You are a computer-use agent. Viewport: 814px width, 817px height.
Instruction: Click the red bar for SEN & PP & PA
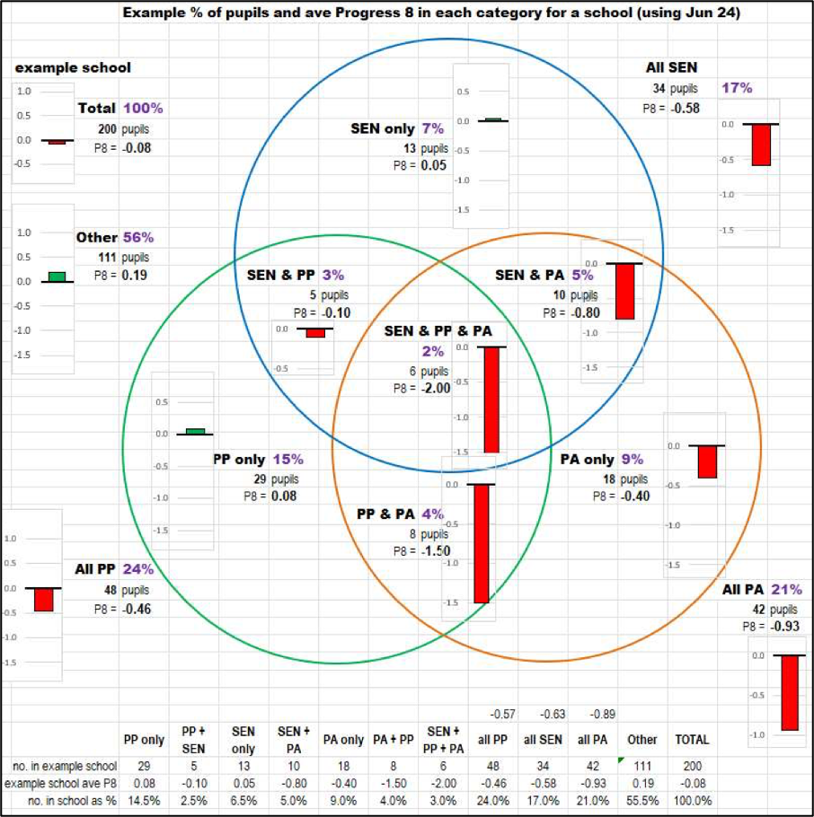[x=491, y=400]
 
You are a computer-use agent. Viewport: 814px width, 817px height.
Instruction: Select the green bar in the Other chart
[x=57, y=277]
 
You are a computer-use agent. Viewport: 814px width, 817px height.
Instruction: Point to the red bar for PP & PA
[x=481, y=543]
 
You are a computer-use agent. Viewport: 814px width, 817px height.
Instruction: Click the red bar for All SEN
[x=762, y=145]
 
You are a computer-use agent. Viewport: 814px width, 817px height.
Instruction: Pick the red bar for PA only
[x=707, y=461]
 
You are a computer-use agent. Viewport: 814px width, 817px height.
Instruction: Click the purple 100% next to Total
[x=144, y=108]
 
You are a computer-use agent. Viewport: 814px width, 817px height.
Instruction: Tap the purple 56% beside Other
[x=138, y=237]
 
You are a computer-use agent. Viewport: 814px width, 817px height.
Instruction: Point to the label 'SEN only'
[x=383, y=128]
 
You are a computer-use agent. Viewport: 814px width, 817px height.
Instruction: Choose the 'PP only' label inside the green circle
[x=239, y=459]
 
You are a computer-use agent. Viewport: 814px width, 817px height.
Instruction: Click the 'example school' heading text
[x=73, y=68]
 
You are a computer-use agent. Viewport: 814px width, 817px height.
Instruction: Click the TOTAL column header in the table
[x=692, y=740]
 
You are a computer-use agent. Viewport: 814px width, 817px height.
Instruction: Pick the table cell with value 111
[x=642, y=766]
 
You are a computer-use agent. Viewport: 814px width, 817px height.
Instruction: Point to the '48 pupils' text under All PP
[x=126, y=591]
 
